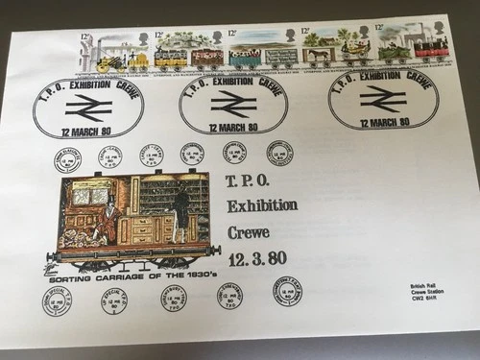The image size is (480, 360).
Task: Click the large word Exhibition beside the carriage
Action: [261, 205]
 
